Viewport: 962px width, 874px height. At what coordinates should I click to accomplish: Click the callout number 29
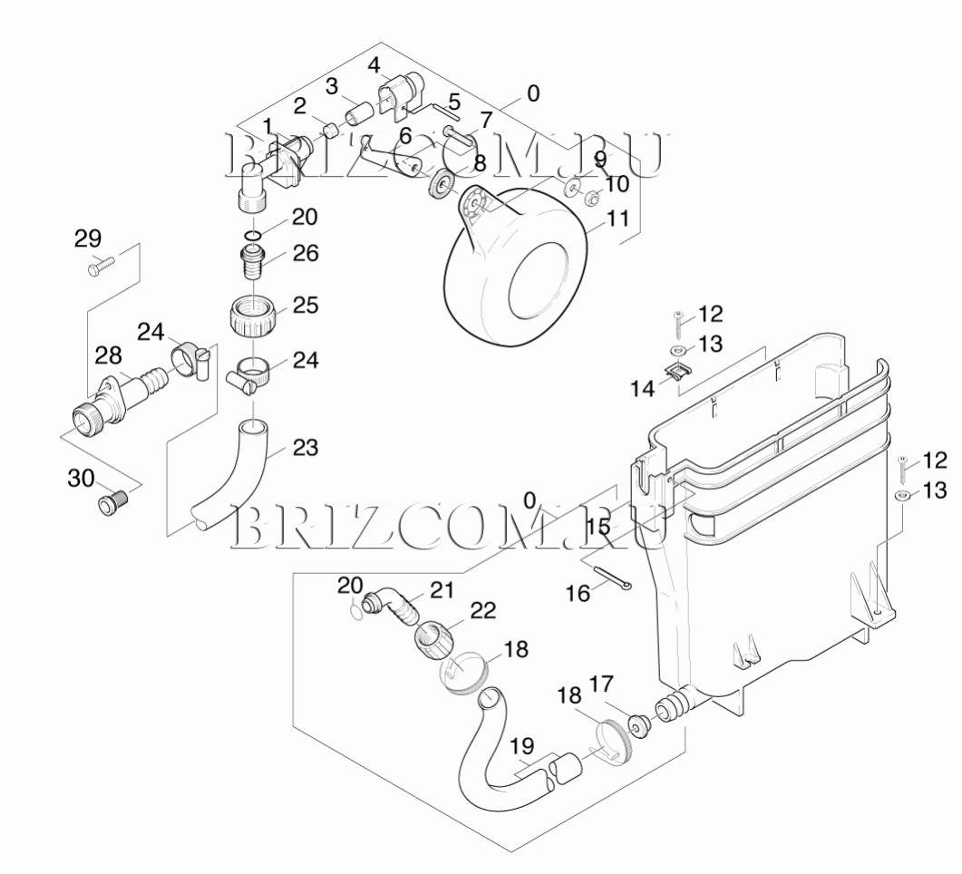point(88,238)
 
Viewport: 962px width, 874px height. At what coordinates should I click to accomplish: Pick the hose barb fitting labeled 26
point(251,261)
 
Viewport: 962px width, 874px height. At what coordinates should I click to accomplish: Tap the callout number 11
point(617,218)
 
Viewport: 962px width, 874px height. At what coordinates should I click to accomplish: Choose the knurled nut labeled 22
point(434,640)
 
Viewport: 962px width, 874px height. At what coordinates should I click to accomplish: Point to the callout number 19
point(521,746)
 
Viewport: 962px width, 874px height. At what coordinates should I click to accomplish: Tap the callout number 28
point(108,355)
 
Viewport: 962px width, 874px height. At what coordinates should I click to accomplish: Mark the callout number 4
point(374,65)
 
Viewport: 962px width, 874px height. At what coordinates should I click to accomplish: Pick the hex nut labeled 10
point(592,199)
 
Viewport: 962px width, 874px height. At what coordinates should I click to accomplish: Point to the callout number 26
point(305,253)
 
